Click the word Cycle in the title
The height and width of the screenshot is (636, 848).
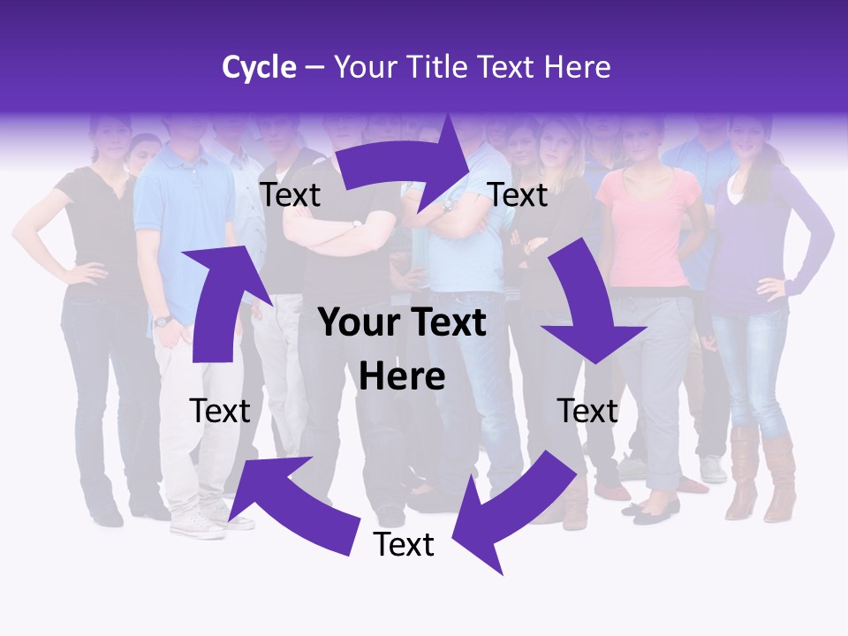click(259, 67)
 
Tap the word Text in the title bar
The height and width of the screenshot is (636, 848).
click(506, 67)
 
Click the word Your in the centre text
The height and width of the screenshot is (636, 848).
click(356, 323)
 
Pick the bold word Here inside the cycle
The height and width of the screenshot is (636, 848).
click(402, 377)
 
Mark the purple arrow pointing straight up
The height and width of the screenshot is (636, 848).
click(216, 300)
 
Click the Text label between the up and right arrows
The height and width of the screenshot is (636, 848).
click(290, 195)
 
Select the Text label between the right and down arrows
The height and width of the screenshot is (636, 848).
click(518, 195)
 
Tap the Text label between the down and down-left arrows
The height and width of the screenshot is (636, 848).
click(587, 411)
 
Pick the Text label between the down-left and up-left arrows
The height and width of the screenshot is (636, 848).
click(404, 545)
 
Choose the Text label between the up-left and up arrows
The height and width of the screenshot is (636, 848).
click(220, 411)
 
